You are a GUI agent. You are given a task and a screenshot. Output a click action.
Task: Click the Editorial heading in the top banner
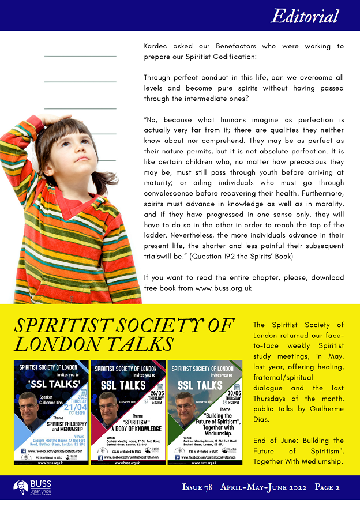tap(305, 16)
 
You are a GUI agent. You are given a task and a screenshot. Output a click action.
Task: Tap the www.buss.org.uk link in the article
tap(223, 288)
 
